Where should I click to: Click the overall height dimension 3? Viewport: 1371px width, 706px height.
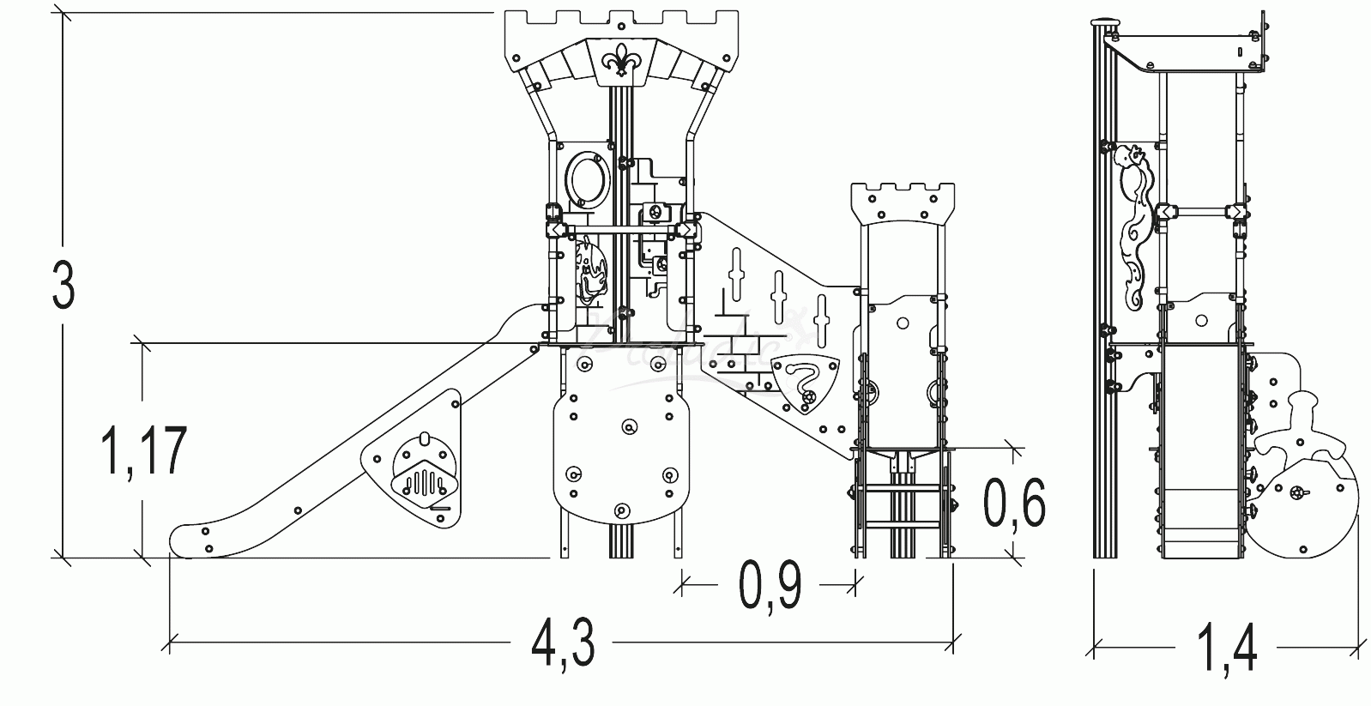tap(63, 285)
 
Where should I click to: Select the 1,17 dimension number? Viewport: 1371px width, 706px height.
tap(143, 452)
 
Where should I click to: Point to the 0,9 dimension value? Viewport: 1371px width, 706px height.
tap(770, 587)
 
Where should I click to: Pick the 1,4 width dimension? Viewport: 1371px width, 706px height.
tap(1228, 648)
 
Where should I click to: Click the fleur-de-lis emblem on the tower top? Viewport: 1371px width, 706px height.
tap(622, 61)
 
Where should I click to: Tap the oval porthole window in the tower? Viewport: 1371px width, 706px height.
tap(586, 178)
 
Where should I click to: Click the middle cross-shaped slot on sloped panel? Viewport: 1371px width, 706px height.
tap(778, 295)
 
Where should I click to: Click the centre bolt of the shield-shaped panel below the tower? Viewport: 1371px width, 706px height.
tap(629, 426)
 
